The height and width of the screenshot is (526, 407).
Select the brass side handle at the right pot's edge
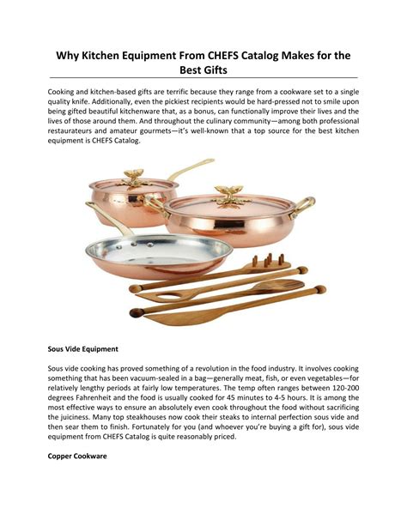click(x=304, y=206)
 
